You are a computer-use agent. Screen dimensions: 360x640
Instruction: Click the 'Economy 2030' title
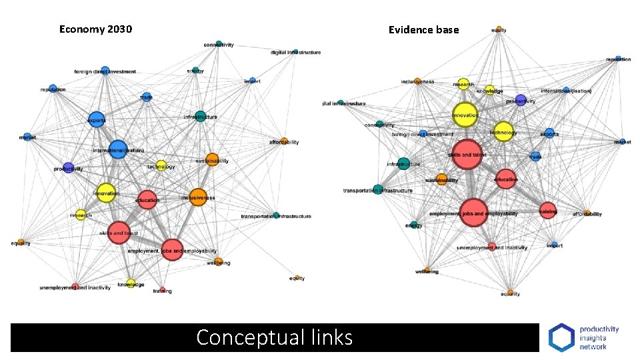click(95, 29)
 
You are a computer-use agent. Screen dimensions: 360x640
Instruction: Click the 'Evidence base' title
click(424, 29)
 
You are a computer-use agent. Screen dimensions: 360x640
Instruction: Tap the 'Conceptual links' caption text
click(274, 337)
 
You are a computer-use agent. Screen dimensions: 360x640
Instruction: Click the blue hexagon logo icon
click(561, 337)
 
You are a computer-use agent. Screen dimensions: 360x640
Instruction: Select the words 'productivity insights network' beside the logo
click(599, 337)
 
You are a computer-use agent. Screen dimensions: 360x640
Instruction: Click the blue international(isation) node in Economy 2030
click(117, 149)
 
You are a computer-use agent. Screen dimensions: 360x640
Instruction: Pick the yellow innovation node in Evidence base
click(465, 114)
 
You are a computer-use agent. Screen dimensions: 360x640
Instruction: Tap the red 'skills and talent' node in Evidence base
click(467, 154)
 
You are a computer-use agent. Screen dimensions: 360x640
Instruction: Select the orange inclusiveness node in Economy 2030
click(197, 197)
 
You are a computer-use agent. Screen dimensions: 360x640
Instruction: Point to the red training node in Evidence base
click(547, 211)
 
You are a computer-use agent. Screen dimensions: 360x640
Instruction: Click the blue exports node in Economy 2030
click(97, 119)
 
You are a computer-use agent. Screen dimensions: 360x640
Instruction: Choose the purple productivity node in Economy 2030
click(68, 167)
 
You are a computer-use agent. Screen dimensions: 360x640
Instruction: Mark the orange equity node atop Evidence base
click(499, 29)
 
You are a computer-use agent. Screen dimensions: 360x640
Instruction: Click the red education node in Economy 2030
click(147, 199)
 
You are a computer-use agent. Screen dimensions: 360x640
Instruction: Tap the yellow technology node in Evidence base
click(503, 131)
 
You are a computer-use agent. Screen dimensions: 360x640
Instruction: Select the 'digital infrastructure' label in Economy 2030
click(295, 53)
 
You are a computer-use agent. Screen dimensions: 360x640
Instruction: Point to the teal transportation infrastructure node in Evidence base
click(378, 190)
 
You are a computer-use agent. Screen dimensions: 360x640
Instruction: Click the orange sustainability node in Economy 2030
click(212, 160)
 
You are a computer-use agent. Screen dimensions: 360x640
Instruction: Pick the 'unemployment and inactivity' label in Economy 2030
click(75, 287)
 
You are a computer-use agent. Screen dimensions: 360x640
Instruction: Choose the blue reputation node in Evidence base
click(618, 59)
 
